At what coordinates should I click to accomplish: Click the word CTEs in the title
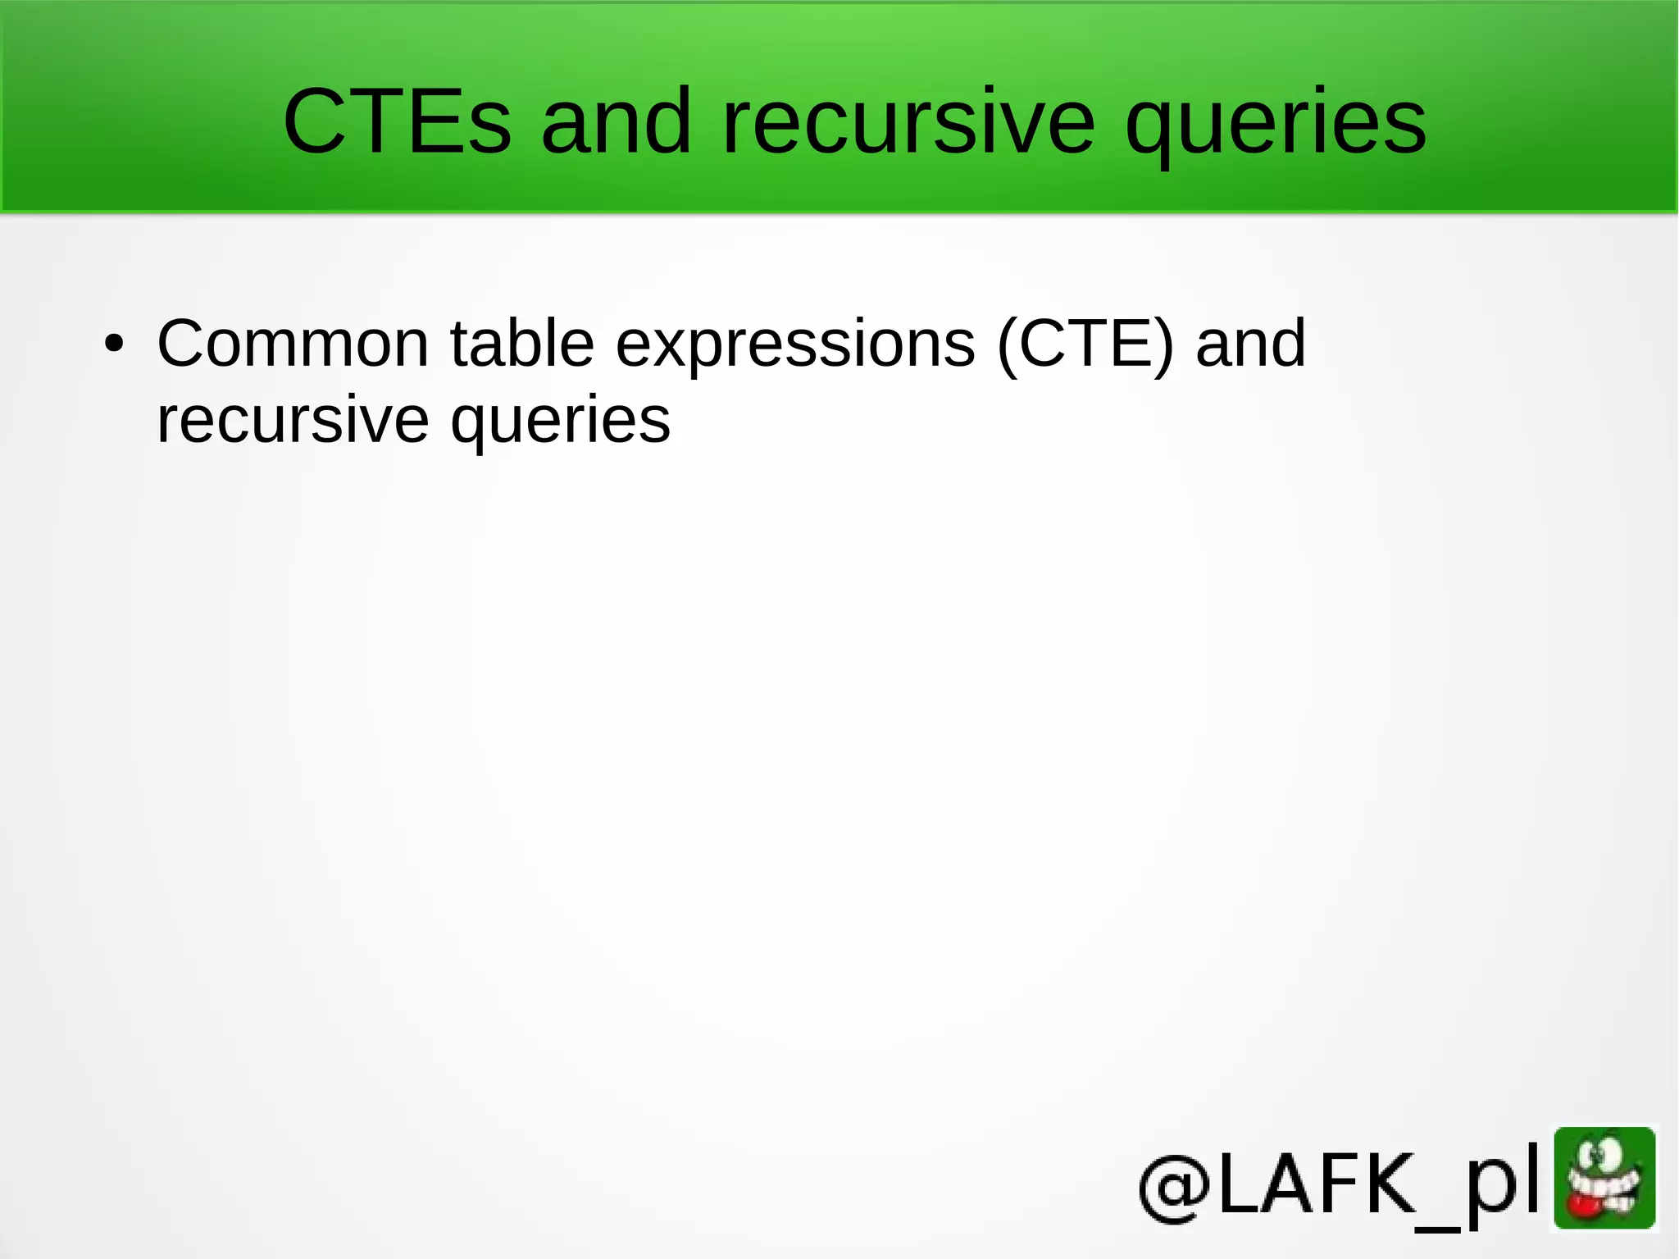397,121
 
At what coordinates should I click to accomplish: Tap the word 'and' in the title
617,121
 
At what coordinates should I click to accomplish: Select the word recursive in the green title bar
908,121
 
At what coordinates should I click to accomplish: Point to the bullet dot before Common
115,344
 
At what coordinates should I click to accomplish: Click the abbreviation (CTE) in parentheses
1085,344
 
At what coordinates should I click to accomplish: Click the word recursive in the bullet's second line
293,419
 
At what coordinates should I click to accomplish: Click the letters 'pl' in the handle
1502,1186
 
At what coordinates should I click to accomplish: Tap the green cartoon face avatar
1604,1179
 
